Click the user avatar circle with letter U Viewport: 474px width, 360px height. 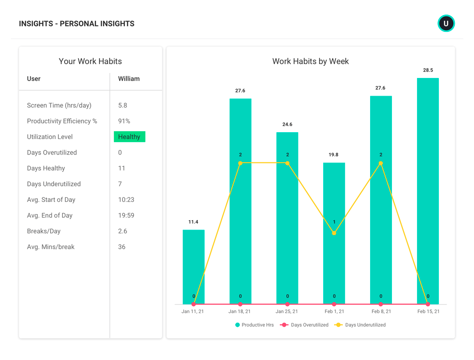(x=446, y=23)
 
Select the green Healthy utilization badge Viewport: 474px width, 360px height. (x=129, y=137)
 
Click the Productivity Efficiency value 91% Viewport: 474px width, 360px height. (x=124, y=121)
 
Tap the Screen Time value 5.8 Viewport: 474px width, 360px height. (x=123, y=105)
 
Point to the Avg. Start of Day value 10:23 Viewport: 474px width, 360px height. (x=126, y=200)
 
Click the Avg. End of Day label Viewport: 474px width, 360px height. (x=50, y=215)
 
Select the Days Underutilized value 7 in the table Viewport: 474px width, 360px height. (x=120, y=184)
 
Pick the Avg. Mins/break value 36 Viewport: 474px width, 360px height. (x=122, y=247)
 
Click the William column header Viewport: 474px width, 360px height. (x=129, y=78)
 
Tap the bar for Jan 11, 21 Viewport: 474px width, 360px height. (x=193, y=267)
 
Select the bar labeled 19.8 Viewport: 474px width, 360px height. (x=334, y=233)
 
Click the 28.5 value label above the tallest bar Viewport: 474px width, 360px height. (x=428, y=70)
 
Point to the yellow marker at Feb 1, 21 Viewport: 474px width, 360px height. (x=334, y=233)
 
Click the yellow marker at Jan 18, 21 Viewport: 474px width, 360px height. (x=240, y=163)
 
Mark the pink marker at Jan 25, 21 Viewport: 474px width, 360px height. (x=287, y=304)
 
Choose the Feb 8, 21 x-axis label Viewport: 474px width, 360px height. (x=381, y=311)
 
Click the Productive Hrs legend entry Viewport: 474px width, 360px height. (x=254, y=325)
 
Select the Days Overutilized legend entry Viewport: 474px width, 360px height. (x=304, y=325)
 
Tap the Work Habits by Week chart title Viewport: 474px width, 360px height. (x=310, y=62)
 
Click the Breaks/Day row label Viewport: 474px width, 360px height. (x=44, y=231)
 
